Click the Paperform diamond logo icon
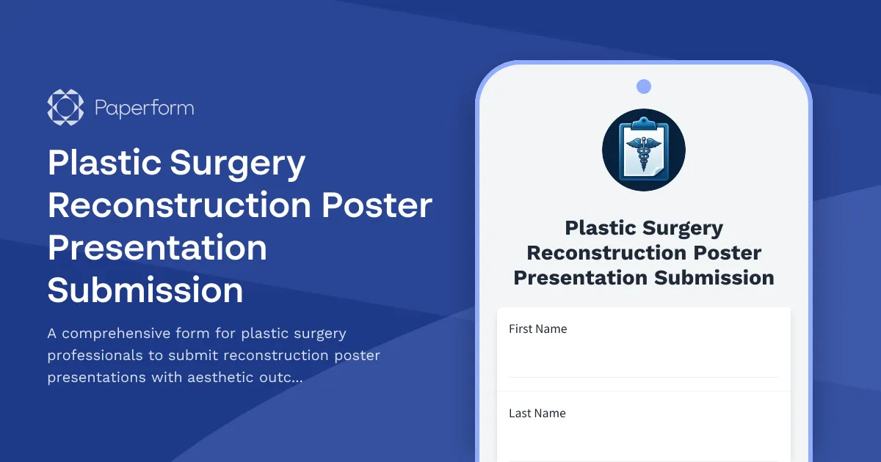pos(65,108)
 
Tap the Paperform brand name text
pos(144,109)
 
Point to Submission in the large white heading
pos(145,290)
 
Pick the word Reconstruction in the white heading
pos(179,205)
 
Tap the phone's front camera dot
pos(644,87)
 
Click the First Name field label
pos(537,329)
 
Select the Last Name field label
pos(537,414)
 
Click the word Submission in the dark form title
pos(714,278)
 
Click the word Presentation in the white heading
pos(157,248)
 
